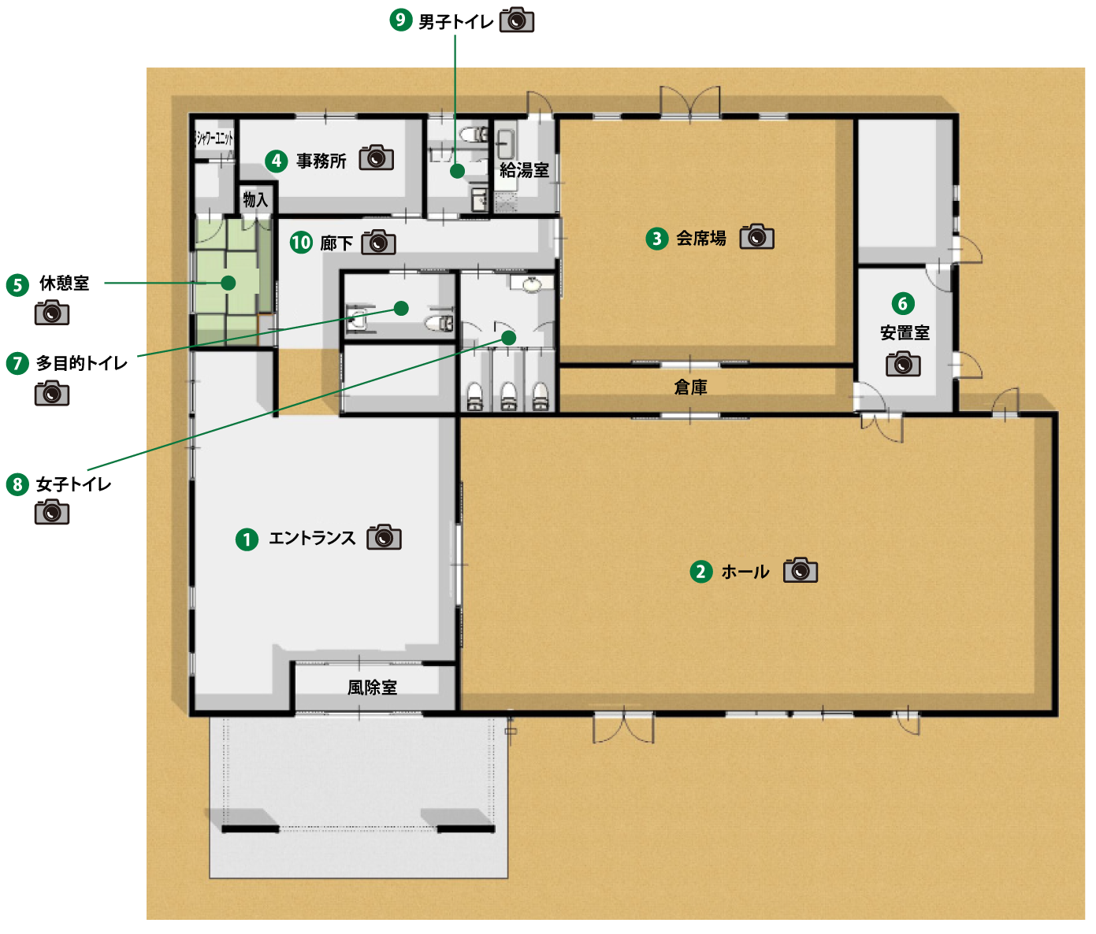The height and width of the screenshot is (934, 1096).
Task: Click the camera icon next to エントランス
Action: tap(384, 537)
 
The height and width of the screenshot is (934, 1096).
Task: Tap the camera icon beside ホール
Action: tap(801, 570)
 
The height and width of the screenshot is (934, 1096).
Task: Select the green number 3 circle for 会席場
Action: tap(657, 239)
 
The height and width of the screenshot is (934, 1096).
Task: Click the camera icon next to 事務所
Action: tap(377, 158)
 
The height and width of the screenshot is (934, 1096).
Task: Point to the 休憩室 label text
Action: tap(64, 284)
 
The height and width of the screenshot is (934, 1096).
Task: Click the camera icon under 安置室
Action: tap(903, 364)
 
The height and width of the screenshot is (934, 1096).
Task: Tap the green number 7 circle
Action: tap(17, 364)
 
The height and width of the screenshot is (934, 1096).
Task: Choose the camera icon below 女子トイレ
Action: tap(52, 512)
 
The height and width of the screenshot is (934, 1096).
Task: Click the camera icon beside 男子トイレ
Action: tap(517, 20)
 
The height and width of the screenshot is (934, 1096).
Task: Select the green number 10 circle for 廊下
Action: tap(301, 243)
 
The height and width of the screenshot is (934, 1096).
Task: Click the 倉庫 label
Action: tap(690, 387)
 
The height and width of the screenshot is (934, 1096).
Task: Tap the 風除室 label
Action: tap(372, 688)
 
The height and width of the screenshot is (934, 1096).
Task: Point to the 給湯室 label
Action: tap(525, 170)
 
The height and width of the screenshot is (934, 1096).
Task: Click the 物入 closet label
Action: tap(255, 200)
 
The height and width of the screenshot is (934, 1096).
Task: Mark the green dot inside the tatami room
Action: tap(228, 283)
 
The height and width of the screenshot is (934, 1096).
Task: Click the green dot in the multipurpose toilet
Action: tap(401, 308)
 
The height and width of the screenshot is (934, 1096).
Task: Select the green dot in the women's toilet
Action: tap(508, 338)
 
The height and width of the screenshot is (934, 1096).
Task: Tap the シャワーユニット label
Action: tap(214, 139)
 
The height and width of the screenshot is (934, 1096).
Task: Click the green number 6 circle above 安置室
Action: tap(902, 304)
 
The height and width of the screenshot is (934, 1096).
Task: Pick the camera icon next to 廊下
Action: tap(378, 243)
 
